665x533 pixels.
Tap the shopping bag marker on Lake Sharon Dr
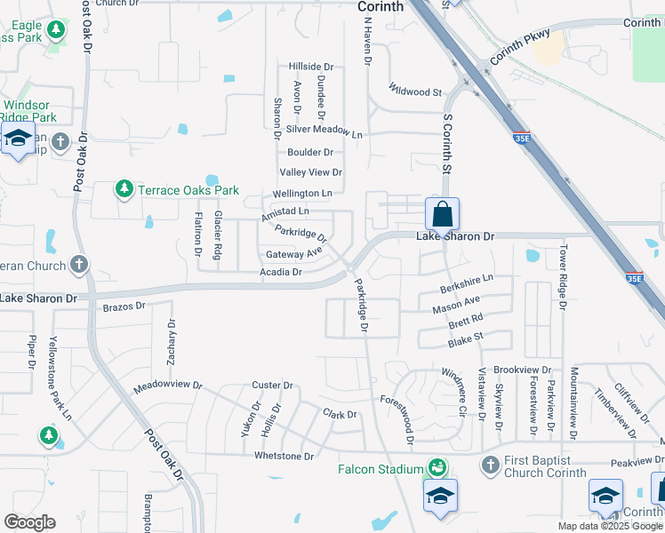click(442, 215)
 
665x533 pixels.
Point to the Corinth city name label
click(381, 6)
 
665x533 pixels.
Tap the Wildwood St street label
click(415, 91)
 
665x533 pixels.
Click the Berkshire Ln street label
click(467, 290)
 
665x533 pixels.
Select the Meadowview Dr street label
click(168, 388)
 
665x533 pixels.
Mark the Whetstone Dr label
click(284, 457)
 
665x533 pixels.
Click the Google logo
click(29, 522)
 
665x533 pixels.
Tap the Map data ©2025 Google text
click(611, 526)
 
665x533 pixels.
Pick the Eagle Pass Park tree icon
click(57, 31)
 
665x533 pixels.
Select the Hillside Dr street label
click(310, 67)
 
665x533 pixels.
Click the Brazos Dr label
click(124, 306)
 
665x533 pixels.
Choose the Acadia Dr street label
click(281, 272)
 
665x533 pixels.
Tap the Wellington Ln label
click(302, 193)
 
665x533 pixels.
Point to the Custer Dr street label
click(272, 386)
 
